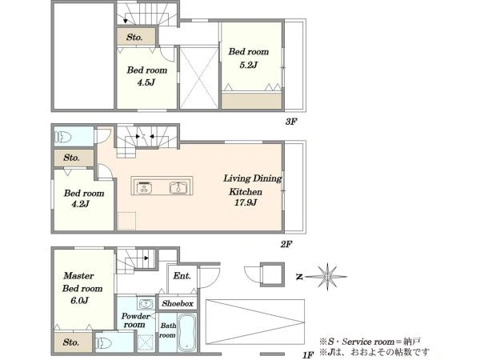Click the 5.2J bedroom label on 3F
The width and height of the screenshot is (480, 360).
[249, 58]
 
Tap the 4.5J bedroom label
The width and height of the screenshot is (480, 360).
[147, 76]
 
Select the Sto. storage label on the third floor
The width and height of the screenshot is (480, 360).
[134, 38]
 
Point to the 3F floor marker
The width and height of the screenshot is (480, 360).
[291, 122]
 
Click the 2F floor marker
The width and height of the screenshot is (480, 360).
[286, 244]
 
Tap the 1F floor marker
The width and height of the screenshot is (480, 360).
[308, 354]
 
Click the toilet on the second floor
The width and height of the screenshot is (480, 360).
[63, 137]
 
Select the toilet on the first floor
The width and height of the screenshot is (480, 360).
[103, 343]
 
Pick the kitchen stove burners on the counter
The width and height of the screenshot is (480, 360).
[144, 188]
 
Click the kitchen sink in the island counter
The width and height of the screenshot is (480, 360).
[178, 188]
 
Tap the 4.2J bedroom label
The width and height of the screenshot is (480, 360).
[83, 198]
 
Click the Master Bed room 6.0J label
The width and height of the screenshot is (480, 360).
[82, 288]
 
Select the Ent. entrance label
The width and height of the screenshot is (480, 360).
[182, 276]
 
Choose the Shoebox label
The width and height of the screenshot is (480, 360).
[178, 303]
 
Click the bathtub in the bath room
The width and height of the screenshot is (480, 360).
[187, 333]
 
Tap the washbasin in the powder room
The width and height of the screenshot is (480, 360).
[146, 304]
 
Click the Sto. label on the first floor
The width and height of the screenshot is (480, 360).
[70, 342]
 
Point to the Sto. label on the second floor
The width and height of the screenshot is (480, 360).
[71, 158]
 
